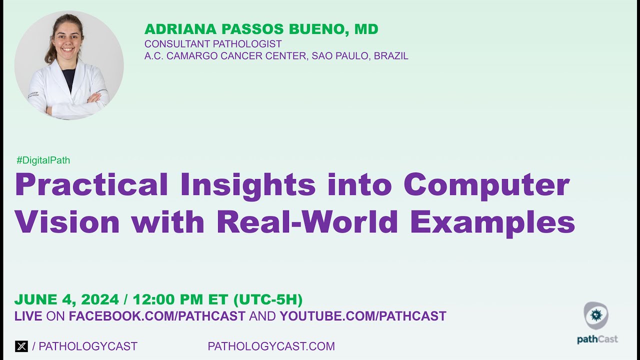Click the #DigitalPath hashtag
(43, 160)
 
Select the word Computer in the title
(486, 185)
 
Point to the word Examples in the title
(492, 223)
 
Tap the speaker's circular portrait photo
(69, 66)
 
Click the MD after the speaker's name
(366, 29)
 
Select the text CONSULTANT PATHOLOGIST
(213, 44)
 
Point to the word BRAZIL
(391, 56)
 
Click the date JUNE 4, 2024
(66, 300)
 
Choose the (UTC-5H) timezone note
(268, 300)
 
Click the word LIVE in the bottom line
(28, 316)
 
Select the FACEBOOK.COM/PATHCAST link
(157, 316)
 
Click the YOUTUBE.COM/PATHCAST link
(363, 316)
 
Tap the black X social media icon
(21, 346)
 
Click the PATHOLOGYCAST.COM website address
(271, 346)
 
